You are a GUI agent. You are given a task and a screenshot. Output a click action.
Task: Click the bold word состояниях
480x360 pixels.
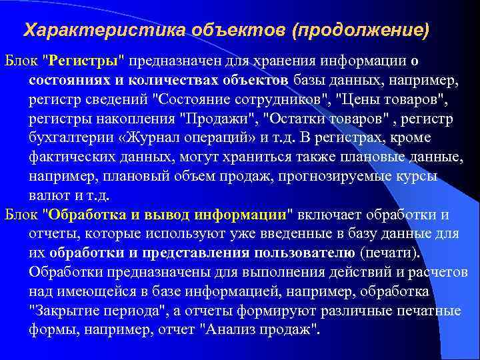[x=63, y=81]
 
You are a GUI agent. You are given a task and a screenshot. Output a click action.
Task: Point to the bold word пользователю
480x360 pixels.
[x=304, y=253]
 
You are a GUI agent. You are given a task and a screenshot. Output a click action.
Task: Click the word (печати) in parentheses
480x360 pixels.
[x=390, y=253]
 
